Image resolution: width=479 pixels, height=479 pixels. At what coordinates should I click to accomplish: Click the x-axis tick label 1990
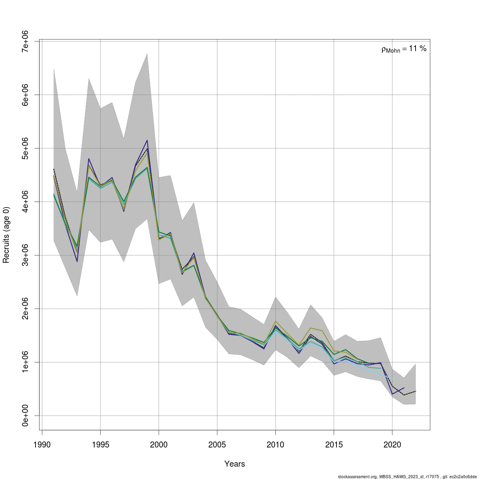click(42, 445)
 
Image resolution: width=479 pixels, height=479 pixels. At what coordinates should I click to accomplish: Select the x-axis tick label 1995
click(100, 445)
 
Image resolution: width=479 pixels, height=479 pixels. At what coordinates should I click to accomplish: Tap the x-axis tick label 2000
click(159, 445)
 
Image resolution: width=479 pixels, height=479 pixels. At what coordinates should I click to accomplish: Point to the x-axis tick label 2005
click(217, 445)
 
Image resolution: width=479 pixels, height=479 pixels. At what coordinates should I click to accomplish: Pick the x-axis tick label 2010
click(275, 445)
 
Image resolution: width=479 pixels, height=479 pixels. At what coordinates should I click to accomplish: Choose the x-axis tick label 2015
click(334, 445)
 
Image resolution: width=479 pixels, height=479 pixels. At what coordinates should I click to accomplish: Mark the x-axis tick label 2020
click(392, 445)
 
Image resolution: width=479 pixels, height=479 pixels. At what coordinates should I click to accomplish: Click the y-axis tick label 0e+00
click(25, 416)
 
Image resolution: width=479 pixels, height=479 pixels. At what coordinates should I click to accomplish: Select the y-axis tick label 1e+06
click(25, 362)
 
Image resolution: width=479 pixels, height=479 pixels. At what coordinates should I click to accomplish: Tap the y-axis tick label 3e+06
click(25, 255)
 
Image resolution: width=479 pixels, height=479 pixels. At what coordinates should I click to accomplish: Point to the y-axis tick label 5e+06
click(25, 148)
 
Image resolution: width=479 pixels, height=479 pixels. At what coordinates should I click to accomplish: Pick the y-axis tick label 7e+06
click(25, 41)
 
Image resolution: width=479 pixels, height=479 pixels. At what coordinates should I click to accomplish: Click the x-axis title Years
click(235, 464)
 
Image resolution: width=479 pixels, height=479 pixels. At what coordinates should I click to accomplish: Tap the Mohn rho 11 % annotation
click(404, 49)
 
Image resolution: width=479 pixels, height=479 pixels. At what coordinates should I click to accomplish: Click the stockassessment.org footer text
click(407, 477)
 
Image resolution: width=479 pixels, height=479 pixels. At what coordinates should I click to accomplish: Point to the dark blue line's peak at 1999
click(147, 140)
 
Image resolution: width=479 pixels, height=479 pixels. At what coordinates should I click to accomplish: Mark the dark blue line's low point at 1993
click(77, 261)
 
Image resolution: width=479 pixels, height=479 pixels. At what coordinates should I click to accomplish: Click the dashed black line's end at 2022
click(416, 391)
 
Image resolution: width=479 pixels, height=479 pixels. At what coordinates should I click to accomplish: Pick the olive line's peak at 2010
click(275, 321)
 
